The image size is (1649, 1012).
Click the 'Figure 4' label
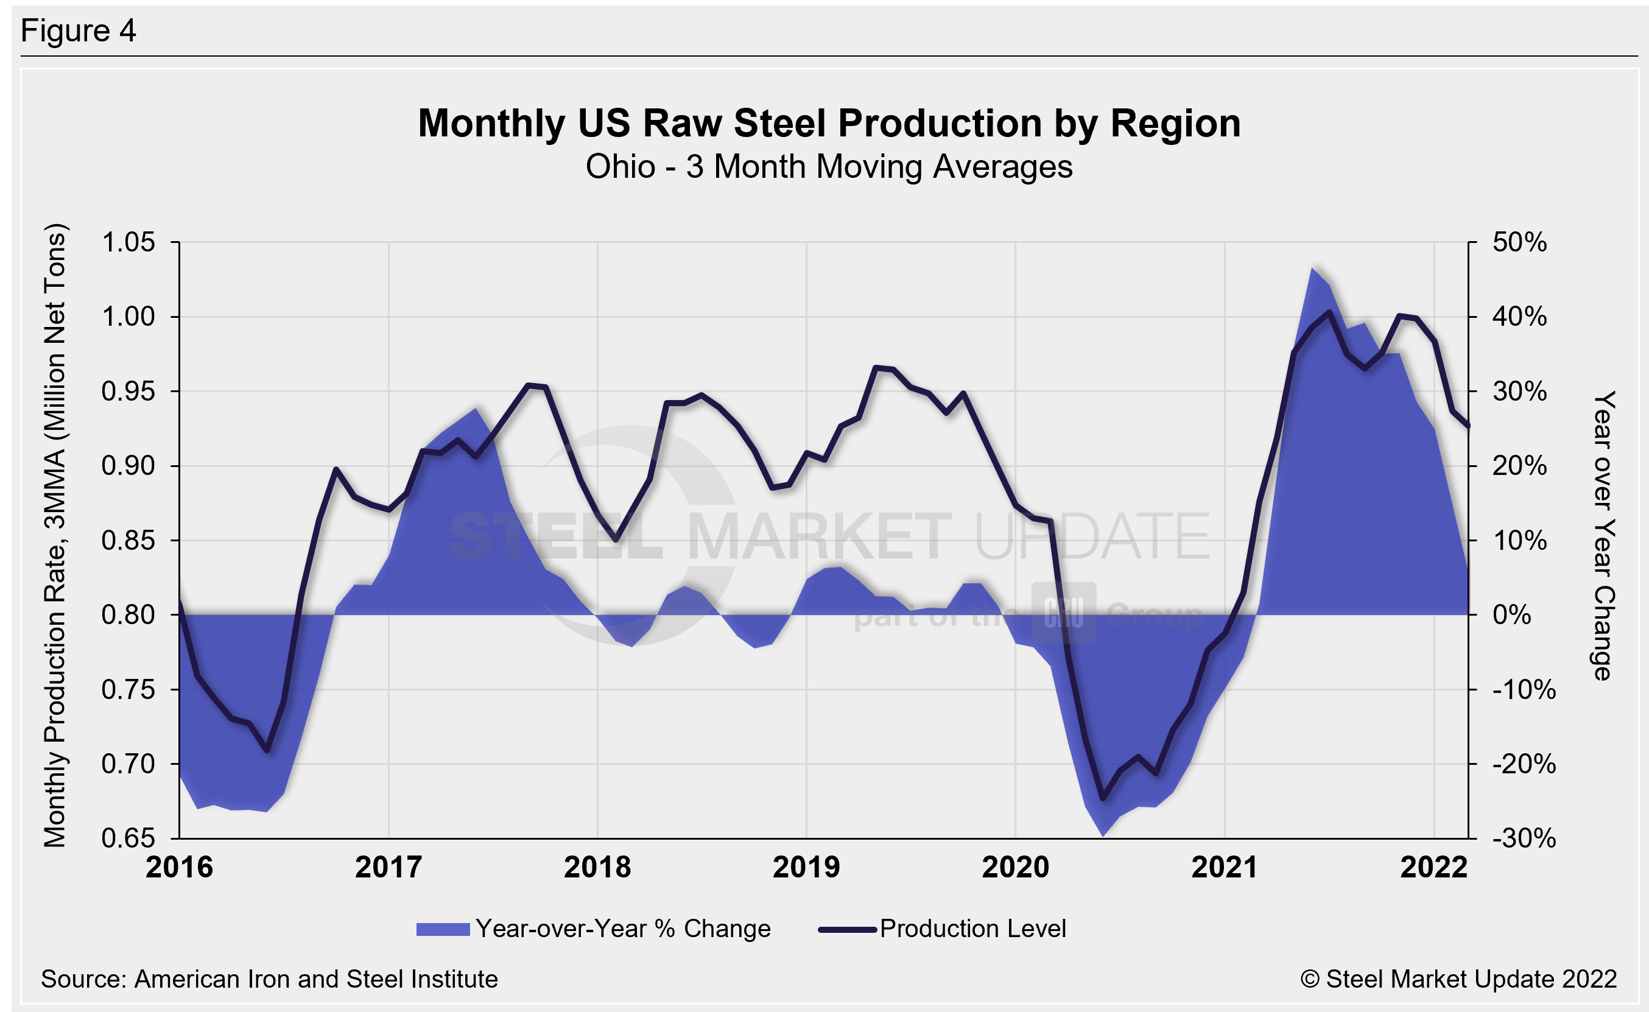point(79,31)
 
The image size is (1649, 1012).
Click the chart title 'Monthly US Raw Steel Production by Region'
point(829,124)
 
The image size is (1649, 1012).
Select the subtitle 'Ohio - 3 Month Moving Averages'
point(829,167)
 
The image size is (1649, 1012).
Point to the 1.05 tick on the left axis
point(128,242)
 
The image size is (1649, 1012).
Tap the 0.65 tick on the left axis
point(128,838)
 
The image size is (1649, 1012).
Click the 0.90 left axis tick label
point(128,466)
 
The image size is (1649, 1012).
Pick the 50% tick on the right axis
point(1520,242)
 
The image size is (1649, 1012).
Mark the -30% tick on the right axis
point(1524,838)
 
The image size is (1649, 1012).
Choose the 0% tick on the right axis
point(1512,614)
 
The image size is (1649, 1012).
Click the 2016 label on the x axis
point(180,868)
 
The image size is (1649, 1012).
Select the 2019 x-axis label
point(806,868)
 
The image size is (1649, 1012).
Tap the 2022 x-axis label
point(1433,868)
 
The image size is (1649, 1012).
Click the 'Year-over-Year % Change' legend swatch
point(443,929)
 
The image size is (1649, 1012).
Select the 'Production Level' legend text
point(973,929)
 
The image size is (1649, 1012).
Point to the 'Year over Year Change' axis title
point(1603,535)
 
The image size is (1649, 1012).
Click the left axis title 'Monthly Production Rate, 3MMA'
point(55,535)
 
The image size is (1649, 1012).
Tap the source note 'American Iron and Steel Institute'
point(316,979)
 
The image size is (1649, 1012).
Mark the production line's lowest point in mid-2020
point(1102,798)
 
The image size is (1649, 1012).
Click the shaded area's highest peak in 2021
point(1312,269)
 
